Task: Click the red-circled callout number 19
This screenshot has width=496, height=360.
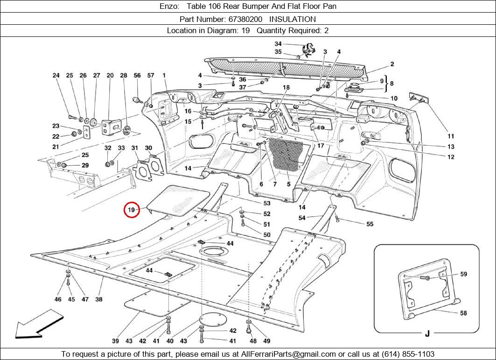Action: [x=131, y=210]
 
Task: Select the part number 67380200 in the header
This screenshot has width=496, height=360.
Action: [x=245, y=19]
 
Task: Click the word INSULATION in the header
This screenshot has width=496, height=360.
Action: [x=292, y=19]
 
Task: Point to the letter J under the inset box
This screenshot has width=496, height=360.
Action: [x=427, y=333]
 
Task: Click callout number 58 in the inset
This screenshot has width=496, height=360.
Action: [x=463, y=313]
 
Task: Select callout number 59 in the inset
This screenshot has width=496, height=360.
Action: [x=463, y=274]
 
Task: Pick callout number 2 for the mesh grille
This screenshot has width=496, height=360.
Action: [x=392, y=64]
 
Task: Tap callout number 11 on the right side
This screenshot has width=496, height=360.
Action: [x=451, y=136]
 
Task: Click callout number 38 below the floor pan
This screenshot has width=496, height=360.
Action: [x=99, y=299]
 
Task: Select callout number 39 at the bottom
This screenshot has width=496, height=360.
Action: [x=115, y=341]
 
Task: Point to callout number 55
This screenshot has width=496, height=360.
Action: [x=370, y=224]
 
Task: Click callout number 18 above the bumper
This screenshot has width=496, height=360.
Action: [x=286, y=87]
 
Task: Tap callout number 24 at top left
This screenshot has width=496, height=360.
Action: [x=56, y=75]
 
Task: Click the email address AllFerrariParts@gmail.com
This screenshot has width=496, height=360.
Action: [x=288, y=354]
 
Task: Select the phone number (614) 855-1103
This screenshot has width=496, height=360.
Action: [x=408, y=354]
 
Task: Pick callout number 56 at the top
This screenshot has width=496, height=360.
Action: [x=137, y=75]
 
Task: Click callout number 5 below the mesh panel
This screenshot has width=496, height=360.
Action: [x=288, y=184]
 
